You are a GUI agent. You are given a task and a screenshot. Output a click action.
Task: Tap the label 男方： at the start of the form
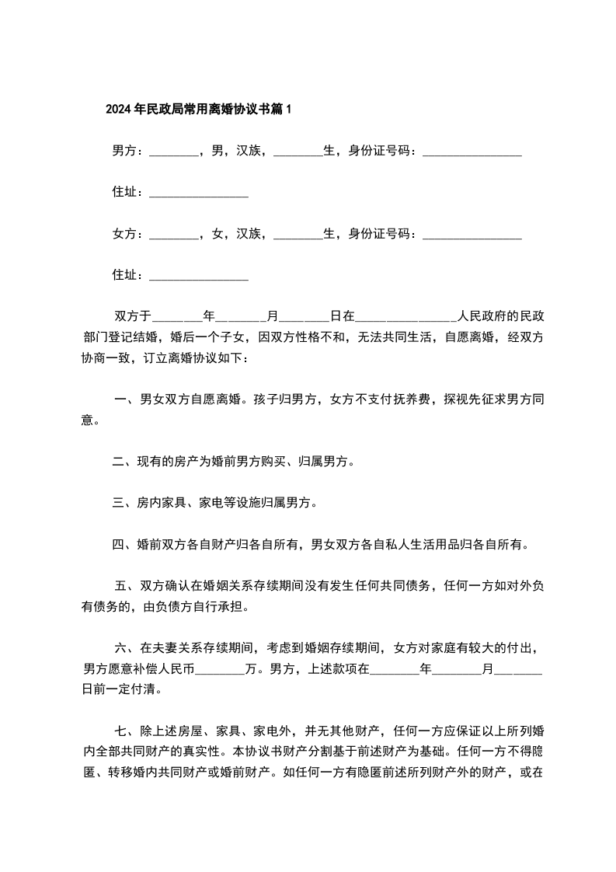pyautogui.click(x=128, y=151)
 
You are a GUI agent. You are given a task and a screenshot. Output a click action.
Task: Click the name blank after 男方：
pyautogui.click(x=172, y=151)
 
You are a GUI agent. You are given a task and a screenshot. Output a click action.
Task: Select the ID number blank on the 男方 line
pyautogui.click(x=472, y=151)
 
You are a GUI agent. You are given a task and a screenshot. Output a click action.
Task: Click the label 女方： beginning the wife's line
pyautogui.click(x=128, y=233)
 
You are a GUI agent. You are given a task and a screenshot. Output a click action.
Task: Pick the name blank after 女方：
pyautogui.click(x=172, y=233)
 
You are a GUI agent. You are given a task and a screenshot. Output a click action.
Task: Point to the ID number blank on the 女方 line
pyautogui.click(x=472, y=233)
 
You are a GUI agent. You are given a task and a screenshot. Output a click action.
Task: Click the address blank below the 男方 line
pyautogui.click(x=198, y=192)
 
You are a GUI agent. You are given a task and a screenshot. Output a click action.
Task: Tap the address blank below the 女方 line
pyautogui.click(x=198, y=274)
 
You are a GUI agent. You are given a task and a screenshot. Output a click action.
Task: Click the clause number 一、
pyautogui.click(x=125, y=400)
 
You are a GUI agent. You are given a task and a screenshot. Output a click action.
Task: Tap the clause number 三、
pyautogui.click(x=123, y=503)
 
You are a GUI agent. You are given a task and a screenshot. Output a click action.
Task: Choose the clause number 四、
pyautogui.click(x=123, y=544)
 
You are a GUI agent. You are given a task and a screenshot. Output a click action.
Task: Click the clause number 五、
pyautogui.click(x=125, y=585)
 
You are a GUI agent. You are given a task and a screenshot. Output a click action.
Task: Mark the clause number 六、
pyautogui.click(x=125, y=647)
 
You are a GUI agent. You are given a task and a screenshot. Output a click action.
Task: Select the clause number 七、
pyautogui.click(x=125, y=731)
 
